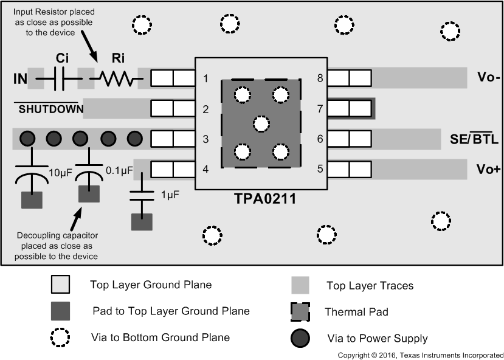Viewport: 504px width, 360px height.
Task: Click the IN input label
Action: tap(20, 78)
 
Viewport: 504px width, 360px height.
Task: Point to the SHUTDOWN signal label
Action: tap(49, 109)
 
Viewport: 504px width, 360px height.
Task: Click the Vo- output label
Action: tap(488, 78)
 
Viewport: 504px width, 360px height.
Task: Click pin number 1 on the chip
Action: tap(206, 78)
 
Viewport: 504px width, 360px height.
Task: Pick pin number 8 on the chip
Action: tap(319, 78)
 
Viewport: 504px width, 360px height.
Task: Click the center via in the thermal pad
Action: tap(261, 124)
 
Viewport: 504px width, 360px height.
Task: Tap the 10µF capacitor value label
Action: tap(60, 173)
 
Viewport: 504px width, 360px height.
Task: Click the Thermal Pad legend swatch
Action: tap(300, 312)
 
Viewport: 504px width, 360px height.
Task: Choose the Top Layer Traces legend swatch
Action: tap(300, 285)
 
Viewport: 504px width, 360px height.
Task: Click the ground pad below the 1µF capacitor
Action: tap(142, 221)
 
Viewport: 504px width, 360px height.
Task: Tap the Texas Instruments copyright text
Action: tap(420, 355)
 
